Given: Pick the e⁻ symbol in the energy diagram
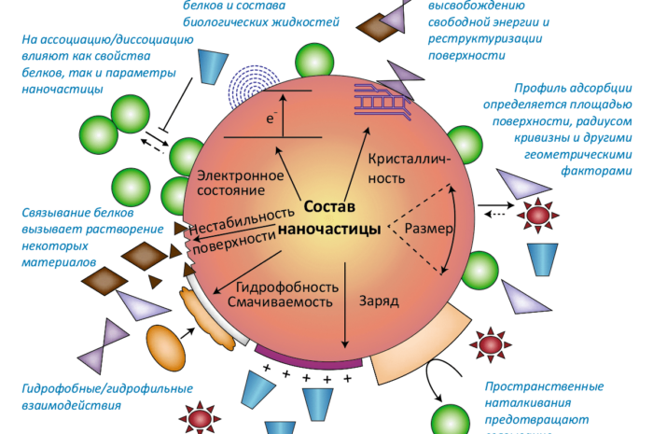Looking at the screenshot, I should pos(271,119).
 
